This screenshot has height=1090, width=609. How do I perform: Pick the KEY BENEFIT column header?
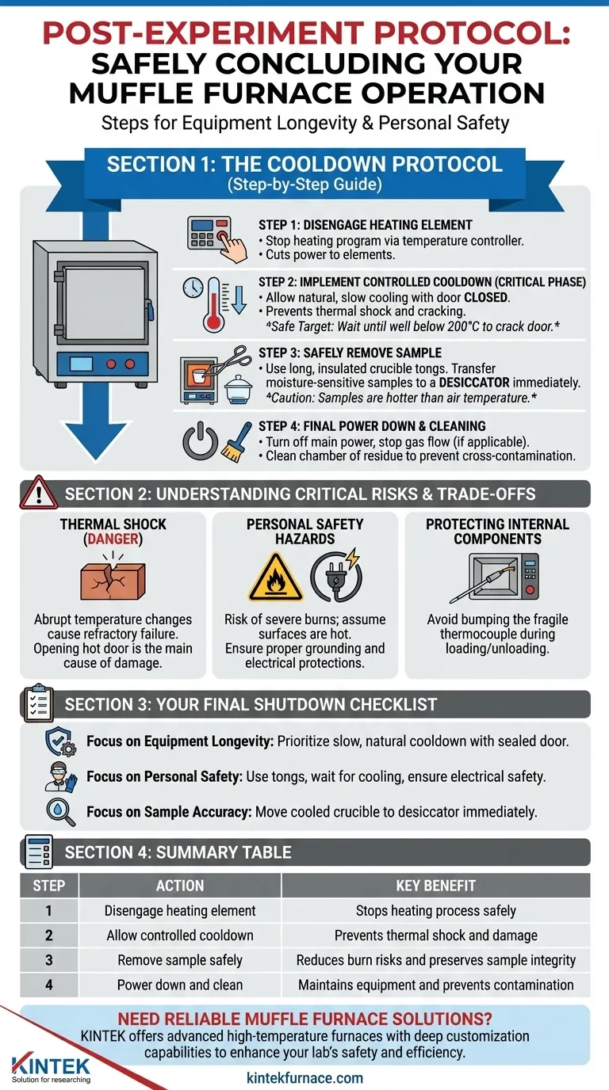(x=435, y=886)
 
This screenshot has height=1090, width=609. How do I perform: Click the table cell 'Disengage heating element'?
(x=180, y=911)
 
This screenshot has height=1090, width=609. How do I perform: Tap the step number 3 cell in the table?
(x=48, y=960)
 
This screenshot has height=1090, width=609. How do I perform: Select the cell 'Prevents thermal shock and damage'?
(x=435, y=936)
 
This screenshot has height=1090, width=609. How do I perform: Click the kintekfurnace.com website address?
(x=304, y=1077)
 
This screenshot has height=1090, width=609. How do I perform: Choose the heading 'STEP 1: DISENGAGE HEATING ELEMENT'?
(x=366, y=225)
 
